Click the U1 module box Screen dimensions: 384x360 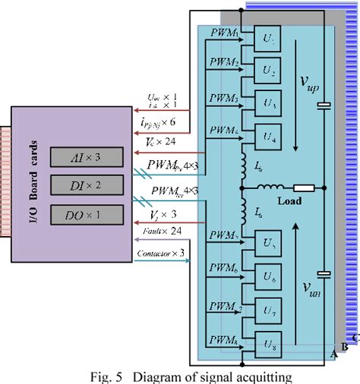click(x=266, y=39)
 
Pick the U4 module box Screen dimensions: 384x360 click(x=266, y=134)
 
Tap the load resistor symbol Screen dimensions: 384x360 click(x=305, y=188)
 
